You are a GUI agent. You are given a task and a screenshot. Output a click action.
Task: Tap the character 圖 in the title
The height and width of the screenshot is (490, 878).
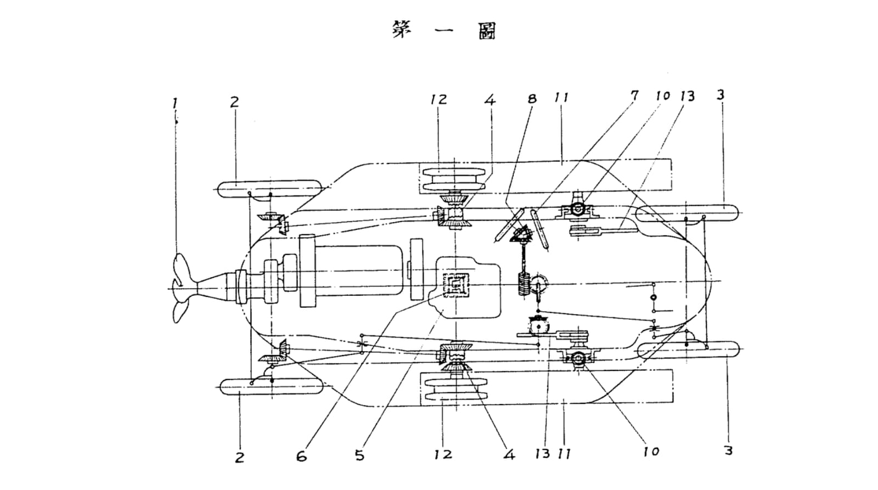point(487,31)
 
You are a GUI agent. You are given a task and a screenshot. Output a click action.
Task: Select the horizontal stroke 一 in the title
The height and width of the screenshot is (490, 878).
point(444,31)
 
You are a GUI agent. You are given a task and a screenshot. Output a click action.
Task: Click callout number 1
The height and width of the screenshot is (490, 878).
point(175,104)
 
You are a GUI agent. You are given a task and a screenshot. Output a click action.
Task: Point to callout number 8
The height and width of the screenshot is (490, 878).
point(532,99)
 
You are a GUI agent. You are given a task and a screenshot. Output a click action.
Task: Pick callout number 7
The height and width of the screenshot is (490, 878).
point(634,95)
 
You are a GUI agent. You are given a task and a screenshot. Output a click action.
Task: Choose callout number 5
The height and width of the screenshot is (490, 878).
point(360,455)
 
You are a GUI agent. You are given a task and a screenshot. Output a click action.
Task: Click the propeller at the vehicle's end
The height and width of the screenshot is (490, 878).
point(184,288)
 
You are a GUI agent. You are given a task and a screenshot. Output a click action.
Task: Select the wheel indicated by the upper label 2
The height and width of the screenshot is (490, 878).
point(270,189)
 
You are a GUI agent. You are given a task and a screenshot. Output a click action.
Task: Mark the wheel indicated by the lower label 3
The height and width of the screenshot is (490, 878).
point(689,350)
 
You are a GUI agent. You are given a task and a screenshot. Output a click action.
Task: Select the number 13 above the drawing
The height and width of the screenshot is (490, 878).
point(686,97)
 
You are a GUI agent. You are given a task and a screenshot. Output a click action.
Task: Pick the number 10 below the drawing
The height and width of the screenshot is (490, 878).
point(651,452)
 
